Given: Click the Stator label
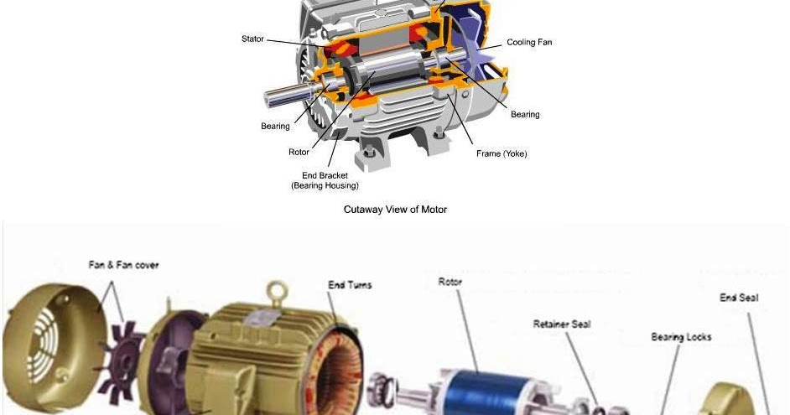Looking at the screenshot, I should pyautogui.click(x=252, y=39).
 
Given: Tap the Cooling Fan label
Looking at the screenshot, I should pyautogui.click(x=529, y=42).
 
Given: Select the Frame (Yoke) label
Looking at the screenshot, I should pyautogui.click(x=502, y=153).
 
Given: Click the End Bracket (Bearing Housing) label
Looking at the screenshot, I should pyautogui.click(x=325, y=180).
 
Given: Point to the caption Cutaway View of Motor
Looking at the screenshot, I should pyautogui.click(x=395, y=209).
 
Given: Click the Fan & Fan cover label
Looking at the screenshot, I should pyautogui.click(x=123, y=265).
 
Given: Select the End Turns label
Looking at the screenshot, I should pyautogui.click(x=349, y=285).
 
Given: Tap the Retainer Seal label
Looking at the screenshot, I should pyautogui.click(x=562, y=324).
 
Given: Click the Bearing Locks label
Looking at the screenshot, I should pyautogui.click(x=681, y=337).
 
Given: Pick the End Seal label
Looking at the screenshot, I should pyautogui.click(x=739, y=298).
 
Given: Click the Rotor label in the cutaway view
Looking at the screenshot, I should pyautogui.click(x=299, y=152).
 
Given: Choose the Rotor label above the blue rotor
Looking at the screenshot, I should pyautogui.click(x=450, y=283).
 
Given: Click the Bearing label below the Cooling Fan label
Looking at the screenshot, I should pyautogui.click(x=525, y=114).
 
